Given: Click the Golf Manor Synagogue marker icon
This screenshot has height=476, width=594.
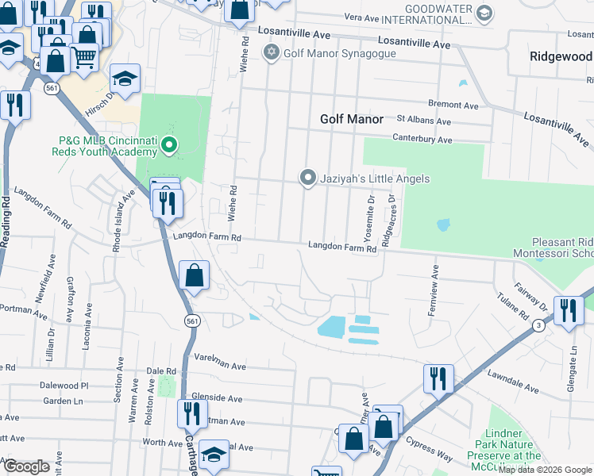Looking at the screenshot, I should coord(272,53).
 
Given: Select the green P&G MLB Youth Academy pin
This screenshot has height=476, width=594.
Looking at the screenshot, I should coord(169,145).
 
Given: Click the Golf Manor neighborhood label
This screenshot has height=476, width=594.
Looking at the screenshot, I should coord(351,119).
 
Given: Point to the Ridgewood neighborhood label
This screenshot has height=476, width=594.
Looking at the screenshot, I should coord(561,56).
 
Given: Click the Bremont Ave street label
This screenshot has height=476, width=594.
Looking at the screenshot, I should coord(453,105).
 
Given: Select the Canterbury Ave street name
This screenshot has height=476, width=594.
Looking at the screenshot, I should coord(422,140).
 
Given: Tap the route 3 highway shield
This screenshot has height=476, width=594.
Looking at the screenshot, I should coord(538,325).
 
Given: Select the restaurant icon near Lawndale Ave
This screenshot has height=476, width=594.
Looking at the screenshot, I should coord(438,378).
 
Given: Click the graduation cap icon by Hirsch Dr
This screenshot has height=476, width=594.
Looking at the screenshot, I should coord(124,79).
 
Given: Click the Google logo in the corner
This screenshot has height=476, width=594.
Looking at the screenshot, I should coord(26,466).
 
